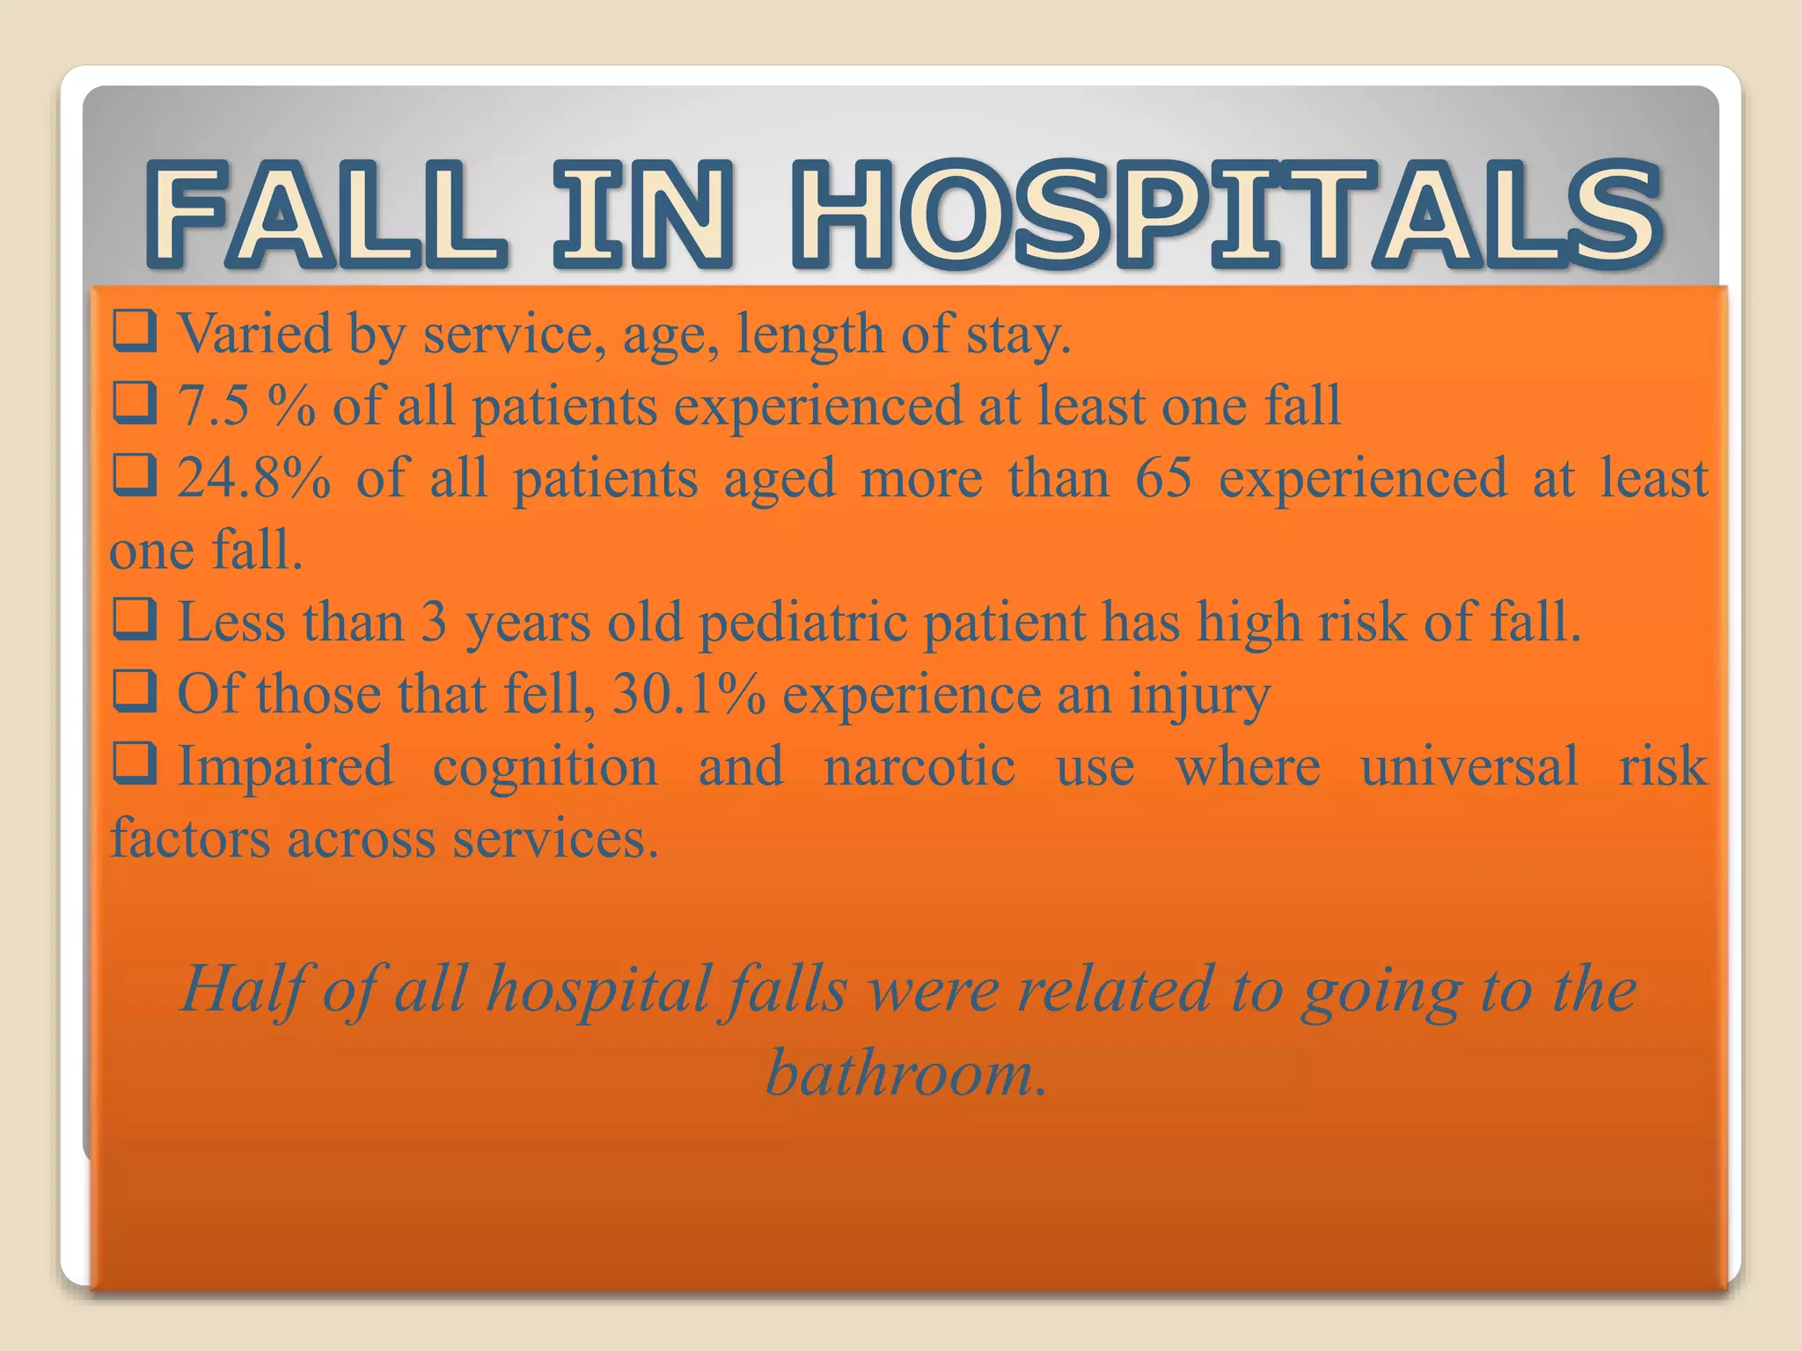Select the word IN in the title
click(x=642, y=215)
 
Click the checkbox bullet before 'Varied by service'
click(x=135, y=333)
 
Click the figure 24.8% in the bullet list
click(x=254, y=478)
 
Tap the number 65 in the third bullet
click(x=1163, y=478)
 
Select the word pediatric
click(x=802, y=623)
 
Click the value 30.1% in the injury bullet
click(x=689, y=695)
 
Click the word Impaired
click(x=285, y=767)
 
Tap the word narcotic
click(x=919, y=767)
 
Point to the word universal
click(x=1469, y=767)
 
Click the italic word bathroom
click(x=905, y=1074)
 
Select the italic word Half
click(x=242, y=990)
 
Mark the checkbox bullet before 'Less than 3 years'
click(x=135, y=621)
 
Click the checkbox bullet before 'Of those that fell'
click(x=135, y=693)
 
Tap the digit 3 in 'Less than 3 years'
click(x=434, y=623)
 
